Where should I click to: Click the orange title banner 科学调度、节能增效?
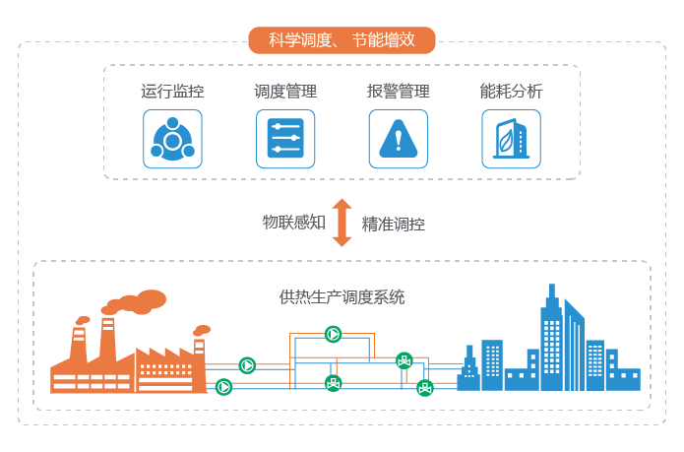click(341, 40)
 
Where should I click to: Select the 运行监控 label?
click(172, 93)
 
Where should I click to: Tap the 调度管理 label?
click(285, 93)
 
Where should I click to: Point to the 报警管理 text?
click(399, 93)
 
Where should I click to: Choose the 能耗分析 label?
click(511, 93)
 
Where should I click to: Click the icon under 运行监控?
click(172, 139)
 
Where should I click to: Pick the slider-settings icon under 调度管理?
click(285, 139)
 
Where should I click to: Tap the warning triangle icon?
click(399, 139)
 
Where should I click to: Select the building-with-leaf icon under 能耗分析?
click(511, 139)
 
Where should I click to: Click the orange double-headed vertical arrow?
click(342, 223)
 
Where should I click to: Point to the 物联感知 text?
click(293, 223)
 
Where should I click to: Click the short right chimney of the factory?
click(199, 345)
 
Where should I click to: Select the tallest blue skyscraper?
click(550, 335)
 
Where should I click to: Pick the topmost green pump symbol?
click(334, 335)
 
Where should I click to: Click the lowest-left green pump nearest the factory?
click(224, 387)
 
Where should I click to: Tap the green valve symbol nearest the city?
click(424, 387)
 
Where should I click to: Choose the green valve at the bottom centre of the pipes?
click(333, 384)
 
